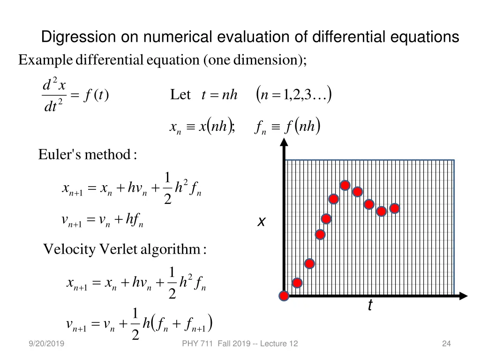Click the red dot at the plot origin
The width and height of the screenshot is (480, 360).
pos(284,296)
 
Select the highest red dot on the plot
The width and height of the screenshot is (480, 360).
pos(345,186)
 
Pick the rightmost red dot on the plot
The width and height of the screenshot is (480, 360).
pos(395,208)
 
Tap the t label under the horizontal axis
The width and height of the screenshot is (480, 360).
pos(370,306)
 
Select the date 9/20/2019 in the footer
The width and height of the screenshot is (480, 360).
pos(46,344)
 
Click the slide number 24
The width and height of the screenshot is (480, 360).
pos(446,344)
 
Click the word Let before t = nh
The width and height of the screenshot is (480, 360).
pos(180,95)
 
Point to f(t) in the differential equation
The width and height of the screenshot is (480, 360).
pos(96,95)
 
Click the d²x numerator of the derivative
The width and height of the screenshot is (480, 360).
pos(54,86)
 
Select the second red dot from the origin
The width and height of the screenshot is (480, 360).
pos(297,283)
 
